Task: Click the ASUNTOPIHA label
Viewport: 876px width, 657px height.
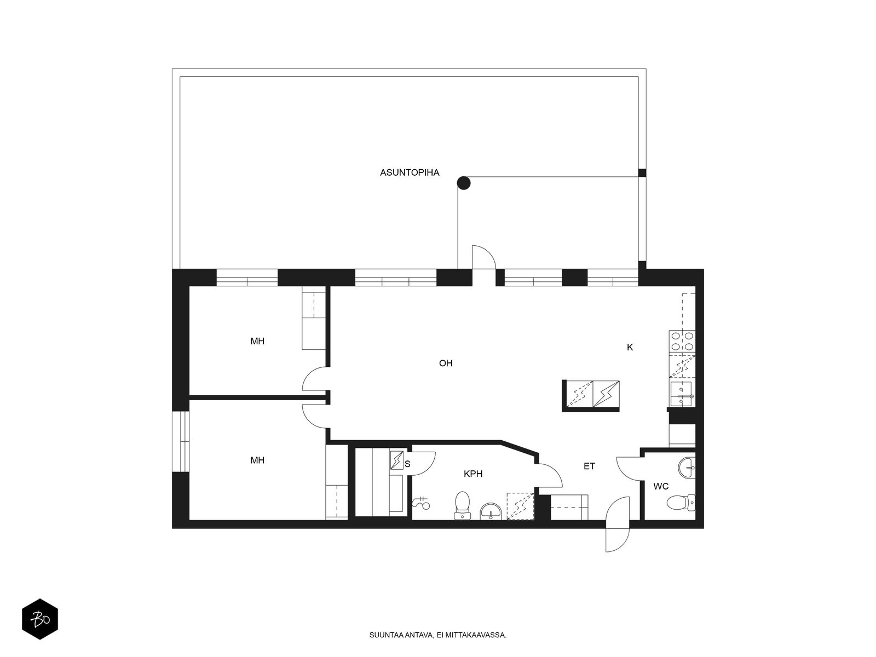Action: (410, 172)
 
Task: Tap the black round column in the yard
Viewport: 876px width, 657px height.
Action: (463, 183)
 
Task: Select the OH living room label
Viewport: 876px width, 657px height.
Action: (445, 363)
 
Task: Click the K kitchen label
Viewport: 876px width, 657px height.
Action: (630, 348)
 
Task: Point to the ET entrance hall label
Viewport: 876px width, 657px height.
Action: (590, 466)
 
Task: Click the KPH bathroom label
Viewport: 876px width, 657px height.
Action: (473, 474)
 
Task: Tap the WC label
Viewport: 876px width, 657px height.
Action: (661, 486)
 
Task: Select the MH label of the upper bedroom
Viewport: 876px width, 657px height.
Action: (257, 341)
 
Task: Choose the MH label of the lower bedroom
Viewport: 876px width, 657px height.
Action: (257, 460)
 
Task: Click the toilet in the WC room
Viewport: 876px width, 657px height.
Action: (681, 503)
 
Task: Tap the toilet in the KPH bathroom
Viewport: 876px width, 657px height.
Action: (462, 505)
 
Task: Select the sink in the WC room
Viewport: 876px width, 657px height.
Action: (687, 467)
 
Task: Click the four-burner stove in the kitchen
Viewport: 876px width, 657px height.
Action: (682, 342)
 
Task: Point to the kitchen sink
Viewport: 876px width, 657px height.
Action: (682, 394)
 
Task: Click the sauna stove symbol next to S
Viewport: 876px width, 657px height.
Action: (397, 460)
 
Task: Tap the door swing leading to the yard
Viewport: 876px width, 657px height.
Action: (484, 257)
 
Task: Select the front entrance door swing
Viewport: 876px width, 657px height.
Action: (618, 524)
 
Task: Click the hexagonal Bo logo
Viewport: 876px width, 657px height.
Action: (40, 619)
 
